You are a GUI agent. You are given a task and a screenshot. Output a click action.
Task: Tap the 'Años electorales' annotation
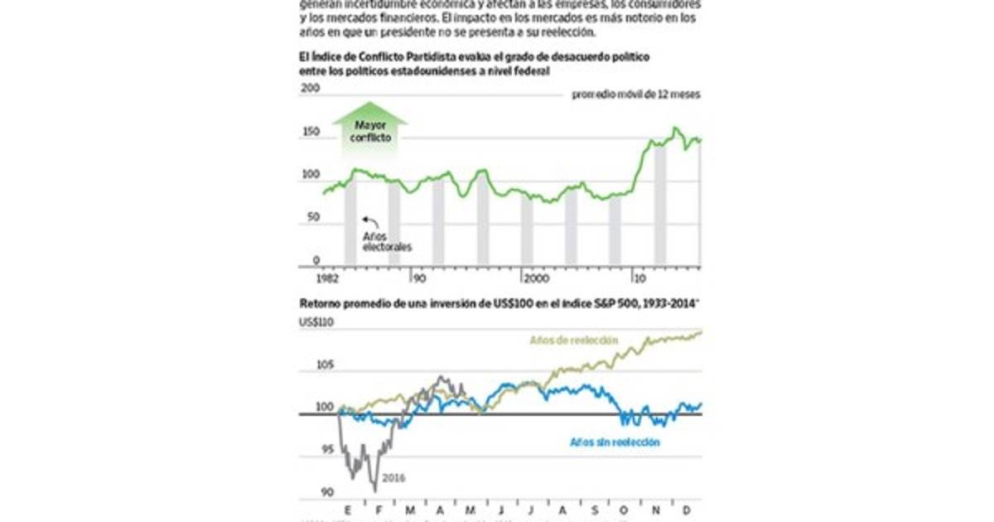pyautogui.click(x=386, y=241)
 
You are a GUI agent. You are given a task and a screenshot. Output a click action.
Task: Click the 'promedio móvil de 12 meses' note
pyautogui.click(x=636, y=94)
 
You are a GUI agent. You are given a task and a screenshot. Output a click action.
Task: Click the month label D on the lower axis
pyautogui.click(x=687, y=510)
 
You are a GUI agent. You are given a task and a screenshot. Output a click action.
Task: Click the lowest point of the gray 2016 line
pyautogui.click(x=376, y=491)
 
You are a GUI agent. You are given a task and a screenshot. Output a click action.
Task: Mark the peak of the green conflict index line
pyautogui.click(x=676, y=128)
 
